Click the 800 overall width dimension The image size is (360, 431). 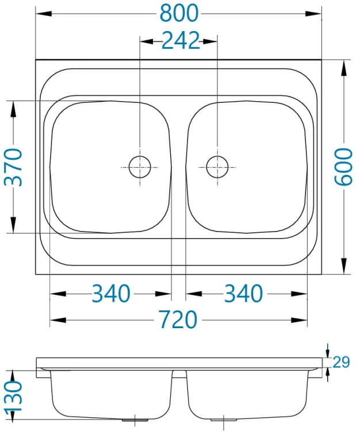pyautogui.click(x=179, y=13)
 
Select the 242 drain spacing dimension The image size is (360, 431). pyautogui.click(x=181, y=41)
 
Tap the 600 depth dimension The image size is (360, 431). pyautogui.click(x=343, y=167)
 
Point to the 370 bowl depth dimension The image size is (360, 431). pyautogui.click(x=13, y=167)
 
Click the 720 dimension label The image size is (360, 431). pyautogui.click(x=178, y=320)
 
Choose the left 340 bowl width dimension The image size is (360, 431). pyautogui.click(x=110, y=294)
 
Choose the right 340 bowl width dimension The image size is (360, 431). pyautogui.click(x=243, y=294)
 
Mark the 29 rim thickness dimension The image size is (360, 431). pyautogui.click(x=341, y=362)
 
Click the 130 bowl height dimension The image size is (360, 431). pyautogui.click(x=13, y=395)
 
